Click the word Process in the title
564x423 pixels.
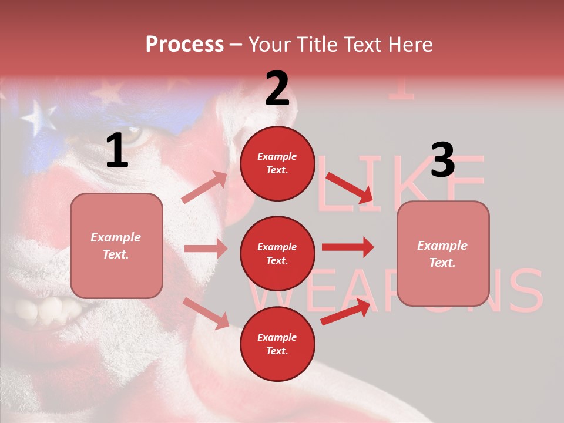point(184,45)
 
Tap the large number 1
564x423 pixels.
point(117,151)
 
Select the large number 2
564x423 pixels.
point(277,89)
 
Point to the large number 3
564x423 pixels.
point(442,160)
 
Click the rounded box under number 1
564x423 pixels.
point(116,246)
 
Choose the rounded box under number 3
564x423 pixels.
point(443,253)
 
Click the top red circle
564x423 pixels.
point(277,163)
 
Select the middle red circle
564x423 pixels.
point(277,253)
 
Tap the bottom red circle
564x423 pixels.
point(277,344)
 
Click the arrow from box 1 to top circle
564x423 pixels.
point(204,187)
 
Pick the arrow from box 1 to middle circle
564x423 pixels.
point(206,249)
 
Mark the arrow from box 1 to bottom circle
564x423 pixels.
point(206,313)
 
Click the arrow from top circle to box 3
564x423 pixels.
point(350,187)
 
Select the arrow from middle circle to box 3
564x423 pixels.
point(347,247)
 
